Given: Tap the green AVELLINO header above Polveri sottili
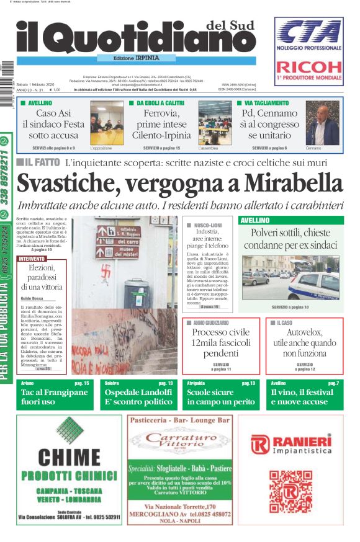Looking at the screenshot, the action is tap(254, 220).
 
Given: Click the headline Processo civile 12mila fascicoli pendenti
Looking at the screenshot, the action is tap(221, 342).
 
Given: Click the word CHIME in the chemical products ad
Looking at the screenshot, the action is tap(68, 457).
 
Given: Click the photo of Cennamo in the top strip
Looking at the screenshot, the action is tap(322, 123).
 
